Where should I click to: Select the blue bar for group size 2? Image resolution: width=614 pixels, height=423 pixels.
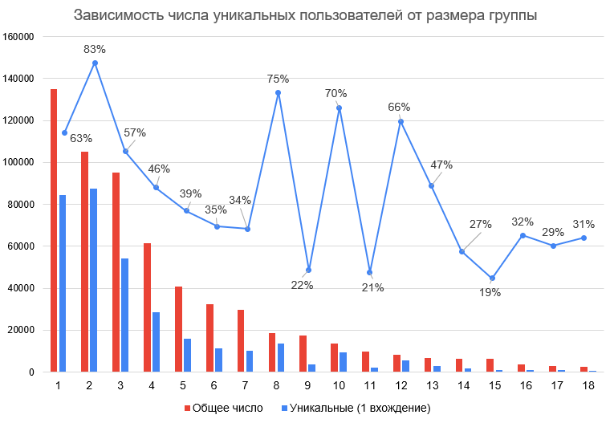[x=94, y=280]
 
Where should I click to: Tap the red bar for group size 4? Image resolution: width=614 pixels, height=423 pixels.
[x=147, y=307]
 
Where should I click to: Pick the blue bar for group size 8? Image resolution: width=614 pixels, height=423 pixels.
[x=282, y=358]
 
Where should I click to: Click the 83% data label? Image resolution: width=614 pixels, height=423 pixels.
[x=95, y=50]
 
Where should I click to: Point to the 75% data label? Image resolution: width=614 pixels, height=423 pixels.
[x=278, y=79]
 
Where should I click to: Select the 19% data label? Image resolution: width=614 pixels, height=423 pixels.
[x=490, y=293]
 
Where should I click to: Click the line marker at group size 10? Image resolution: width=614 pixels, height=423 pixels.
[x=339, y=108]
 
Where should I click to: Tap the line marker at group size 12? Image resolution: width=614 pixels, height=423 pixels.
[x=400, y=121]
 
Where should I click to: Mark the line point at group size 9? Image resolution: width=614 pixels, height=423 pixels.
[x=309, y=270]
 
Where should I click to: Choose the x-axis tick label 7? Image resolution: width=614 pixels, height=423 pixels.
[x=247, y=386]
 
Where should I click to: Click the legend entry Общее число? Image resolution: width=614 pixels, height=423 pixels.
[x=224, y=408]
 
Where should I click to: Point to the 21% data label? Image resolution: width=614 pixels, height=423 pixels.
[x=373, y=288]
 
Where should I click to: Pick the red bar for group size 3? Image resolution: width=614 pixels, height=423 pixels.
[x=116, y=272]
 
